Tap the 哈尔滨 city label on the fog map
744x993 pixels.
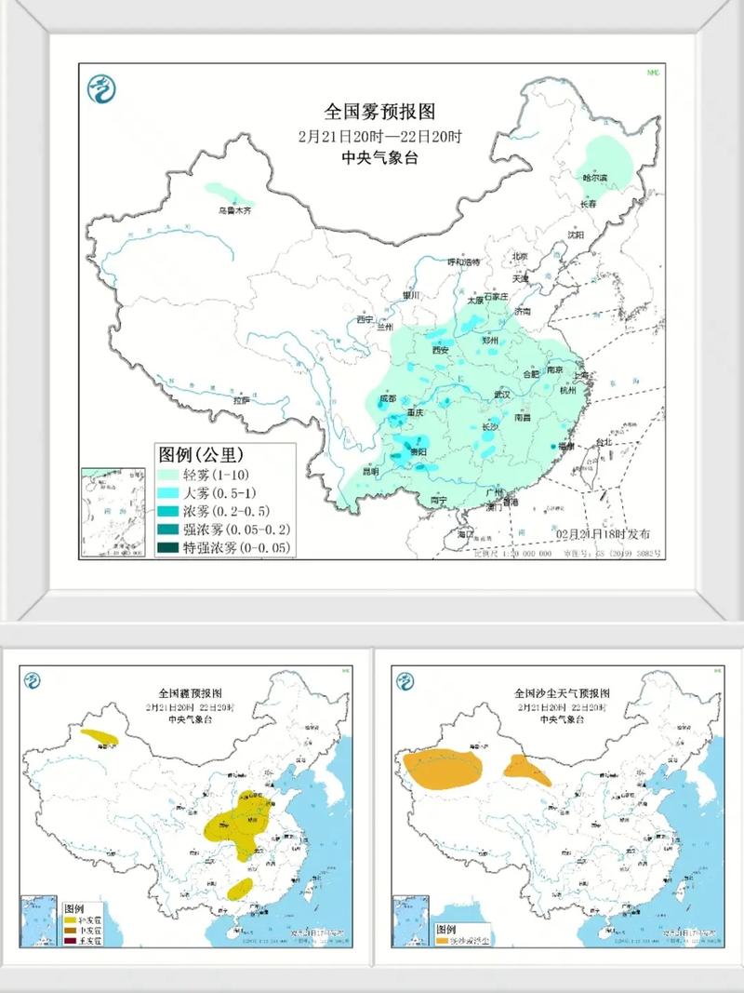pyautogui.click(x=593, y=177)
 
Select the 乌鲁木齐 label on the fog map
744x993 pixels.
pyautogui.click(x=234, y=211)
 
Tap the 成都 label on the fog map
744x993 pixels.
pyautogui.click(x=387, y=400)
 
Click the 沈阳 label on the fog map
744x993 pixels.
pyautogui.click(x=577, y=235)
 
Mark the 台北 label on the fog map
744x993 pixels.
pyautogui.click(x=604, y=442)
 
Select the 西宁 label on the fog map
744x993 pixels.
pyautogui.click(x=365, y=320)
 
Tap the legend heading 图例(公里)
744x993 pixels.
pyautogui.click(x=201, y=455)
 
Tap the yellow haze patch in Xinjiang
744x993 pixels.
pyautogui.click(x=100, y=737)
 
